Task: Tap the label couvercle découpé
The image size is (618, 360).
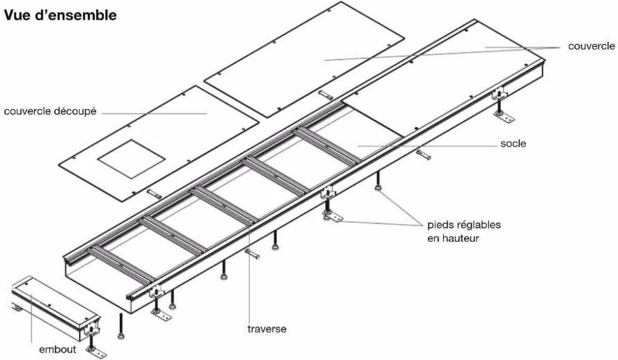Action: [51, 112]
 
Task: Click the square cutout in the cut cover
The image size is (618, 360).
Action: [132, 159]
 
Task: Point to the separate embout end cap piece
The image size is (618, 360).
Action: [52, 306]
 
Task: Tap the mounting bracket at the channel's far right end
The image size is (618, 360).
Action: [500, 94]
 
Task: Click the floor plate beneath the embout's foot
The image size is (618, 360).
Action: [96, 354]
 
